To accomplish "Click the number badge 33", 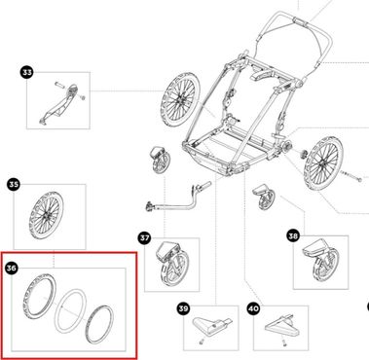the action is (27, 72).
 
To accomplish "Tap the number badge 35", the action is (14, 185).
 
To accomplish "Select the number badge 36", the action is (12, 269).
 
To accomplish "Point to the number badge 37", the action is (144, 238).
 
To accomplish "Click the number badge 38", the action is (293, 236).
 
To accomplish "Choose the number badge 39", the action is (183, 308).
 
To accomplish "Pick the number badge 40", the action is (253, 308).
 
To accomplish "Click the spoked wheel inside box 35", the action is (46, 216).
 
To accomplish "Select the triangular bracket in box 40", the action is (281, 326).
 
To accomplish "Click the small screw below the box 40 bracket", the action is (284, 342).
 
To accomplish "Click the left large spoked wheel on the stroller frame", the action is (179, 100).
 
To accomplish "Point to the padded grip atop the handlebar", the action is (301, 22).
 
